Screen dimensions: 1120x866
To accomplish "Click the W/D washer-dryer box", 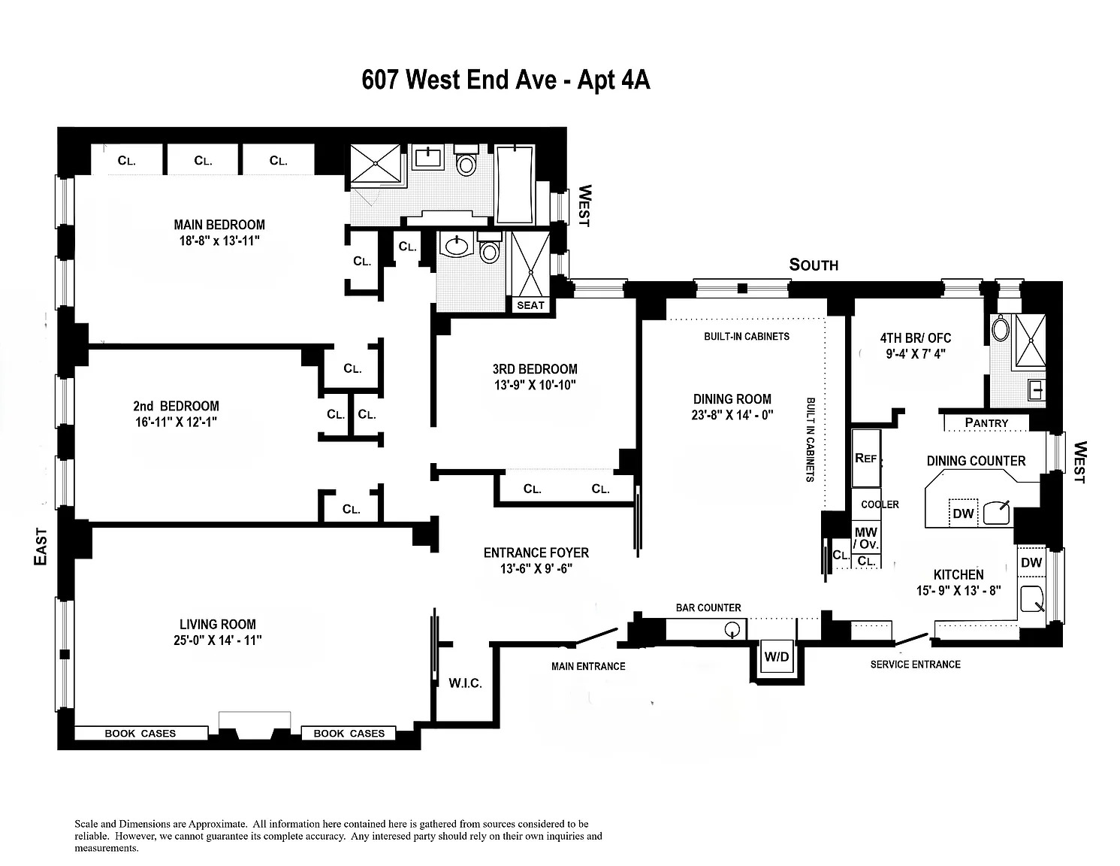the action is click(x=777, y=657).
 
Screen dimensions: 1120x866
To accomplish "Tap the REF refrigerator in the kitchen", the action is click(x=865, y=458).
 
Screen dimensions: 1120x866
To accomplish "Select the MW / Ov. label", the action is click(x=866, y=538).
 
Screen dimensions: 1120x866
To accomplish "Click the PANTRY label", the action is click(x=986, y=423).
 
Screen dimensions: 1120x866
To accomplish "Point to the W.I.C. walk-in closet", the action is click(x=465, y=683).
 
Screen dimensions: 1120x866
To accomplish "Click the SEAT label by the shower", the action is click(x=530, y=305).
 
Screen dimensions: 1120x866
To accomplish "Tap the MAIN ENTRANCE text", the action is click(x=588, y=666).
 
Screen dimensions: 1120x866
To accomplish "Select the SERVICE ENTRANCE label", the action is click(x=915, y=664).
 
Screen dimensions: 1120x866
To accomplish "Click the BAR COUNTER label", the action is click(x=708, y=607).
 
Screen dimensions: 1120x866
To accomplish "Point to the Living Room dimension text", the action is click(x=218, y=640).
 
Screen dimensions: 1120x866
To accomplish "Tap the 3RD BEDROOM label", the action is click(x=535, y=369).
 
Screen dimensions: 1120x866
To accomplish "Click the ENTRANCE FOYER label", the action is click(x=536, y=553).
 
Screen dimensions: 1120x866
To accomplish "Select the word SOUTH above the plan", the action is click(x=814, y=265).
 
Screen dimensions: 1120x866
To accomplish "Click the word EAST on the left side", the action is click(x=41, y=547).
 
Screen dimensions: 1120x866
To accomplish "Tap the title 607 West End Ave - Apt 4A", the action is click(x=506, y=80).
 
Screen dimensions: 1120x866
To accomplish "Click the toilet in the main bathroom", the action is click(x=466, y=163).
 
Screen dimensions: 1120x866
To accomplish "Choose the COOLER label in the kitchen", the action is click(x=880, y=504).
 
